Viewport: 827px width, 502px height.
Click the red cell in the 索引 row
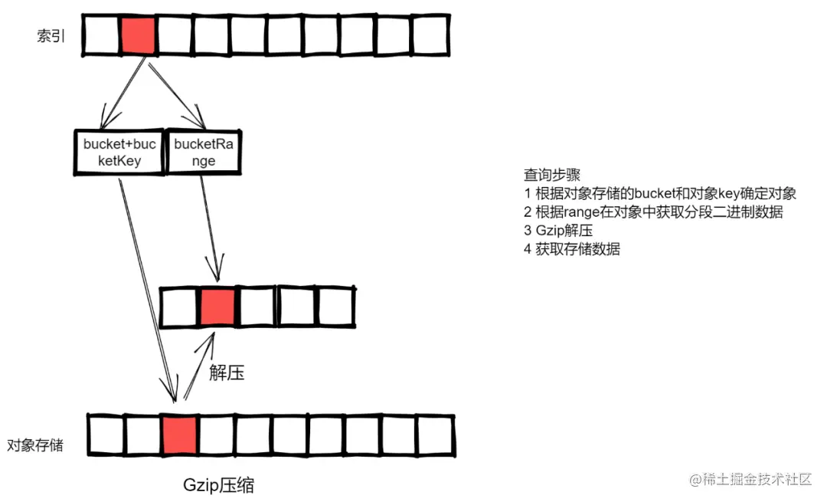pyautogui.click(x=138, y=35)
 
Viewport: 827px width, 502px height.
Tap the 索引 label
pyautogui.click(x=51, y=36)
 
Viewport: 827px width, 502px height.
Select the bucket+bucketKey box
pyautogui.click(x=119, y=153)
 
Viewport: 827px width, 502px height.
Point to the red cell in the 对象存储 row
pyautogui.click(x=180, y=436)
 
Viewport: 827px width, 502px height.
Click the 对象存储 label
pyautogui.click(x=36, y=445)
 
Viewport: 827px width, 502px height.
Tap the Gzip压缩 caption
pyautogui.click(x=219, y=485)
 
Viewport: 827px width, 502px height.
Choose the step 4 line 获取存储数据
pyautogui.click(x=572, y=249)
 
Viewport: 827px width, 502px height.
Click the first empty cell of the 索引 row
pyautogui.click(x=100, y=35)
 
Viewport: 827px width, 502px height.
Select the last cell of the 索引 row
pyautogui.click(x=430, y=35)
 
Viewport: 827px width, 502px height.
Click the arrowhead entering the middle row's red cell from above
pyautogui.click(x=217, y=274)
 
